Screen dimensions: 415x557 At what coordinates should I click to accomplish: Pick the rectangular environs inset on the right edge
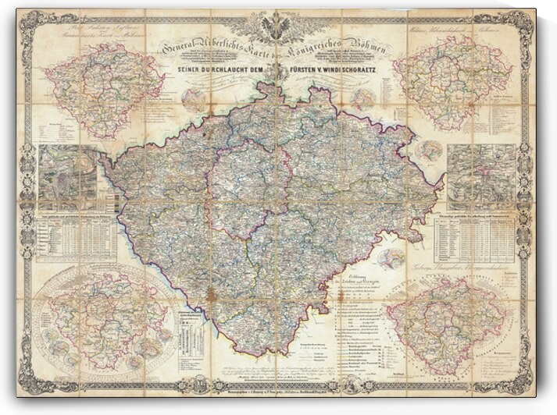[x=481, y=176]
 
